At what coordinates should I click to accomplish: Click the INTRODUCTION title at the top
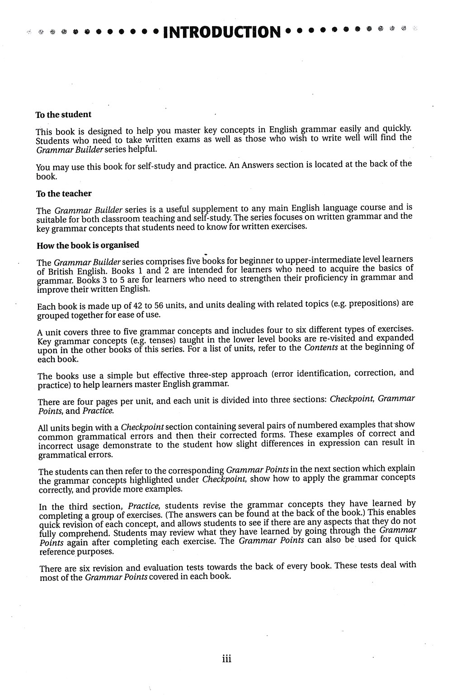[x=222, y=32]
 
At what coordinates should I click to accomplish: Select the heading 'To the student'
[x=63, y=115]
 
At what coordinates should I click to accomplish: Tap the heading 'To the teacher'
[x=64, y=193]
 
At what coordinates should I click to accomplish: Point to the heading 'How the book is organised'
[x=88, y=245]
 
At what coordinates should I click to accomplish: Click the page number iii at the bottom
[x=227, y=659]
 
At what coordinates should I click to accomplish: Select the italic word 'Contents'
[x=321, y=348]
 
